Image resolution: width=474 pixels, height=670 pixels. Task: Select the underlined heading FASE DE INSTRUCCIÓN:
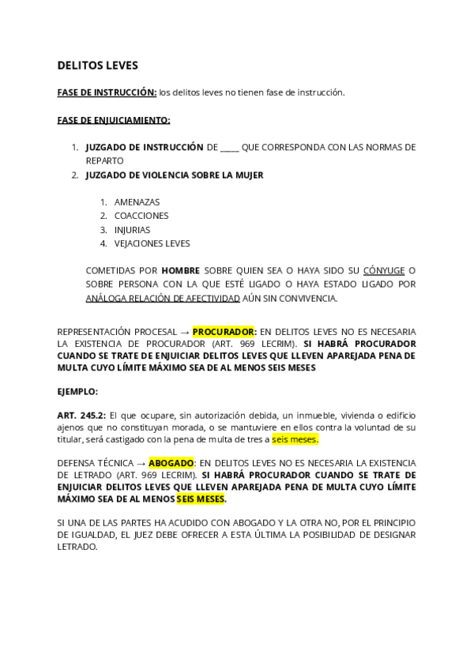(x=107, y=93)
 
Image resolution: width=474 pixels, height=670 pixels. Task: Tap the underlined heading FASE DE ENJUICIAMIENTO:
(x=113, y=120)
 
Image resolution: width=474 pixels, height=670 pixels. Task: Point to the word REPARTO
(x=104, y=161)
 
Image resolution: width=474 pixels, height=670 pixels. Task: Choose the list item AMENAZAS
(x=137, y=202)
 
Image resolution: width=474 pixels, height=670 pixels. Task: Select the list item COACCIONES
(x=141, y=216)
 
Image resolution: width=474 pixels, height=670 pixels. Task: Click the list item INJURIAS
(x=132, y=230)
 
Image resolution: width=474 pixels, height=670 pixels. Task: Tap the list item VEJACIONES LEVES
(x=152, y=243)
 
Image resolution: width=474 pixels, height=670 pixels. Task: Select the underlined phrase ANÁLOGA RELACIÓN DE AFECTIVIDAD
(x=162, y=299)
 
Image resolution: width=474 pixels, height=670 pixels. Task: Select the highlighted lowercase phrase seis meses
(x=295, y=440)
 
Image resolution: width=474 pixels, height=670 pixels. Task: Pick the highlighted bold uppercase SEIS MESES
(x=200, y=499)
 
